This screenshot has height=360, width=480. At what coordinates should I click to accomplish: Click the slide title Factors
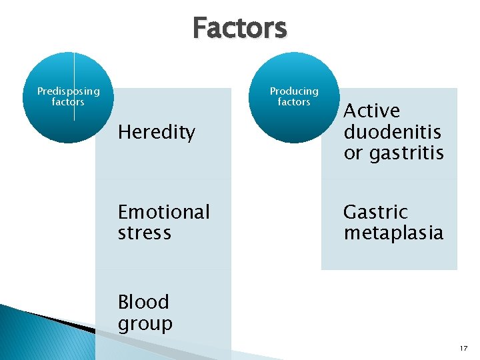coord(240,29)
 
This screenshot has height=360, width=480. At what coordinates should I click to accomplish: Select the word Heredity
coord(157,133)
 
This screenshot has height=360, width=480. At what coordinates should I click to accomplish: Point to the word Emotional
coord(164,212)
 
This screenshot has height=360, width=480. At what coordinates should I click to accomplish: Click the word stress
coord(145,233)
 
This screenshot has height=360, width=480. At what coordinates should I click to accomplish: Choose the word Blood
coord(143,302)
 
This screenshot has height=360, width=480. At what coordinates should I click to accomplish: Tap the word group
coord(145,324)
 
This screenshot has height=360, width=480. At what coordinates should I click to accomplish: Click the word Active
coord(371,111)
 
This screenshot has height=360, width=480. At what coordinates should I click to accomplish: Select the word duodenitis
coord(393,132)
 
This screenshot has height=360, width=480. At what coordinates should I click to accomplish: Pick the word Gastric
coord(375,212)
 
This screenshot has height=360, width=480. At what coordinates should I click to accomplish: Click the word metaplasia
coord(393,233)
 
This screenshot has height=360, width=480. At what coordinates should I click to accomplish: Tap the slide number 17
coord(464,348)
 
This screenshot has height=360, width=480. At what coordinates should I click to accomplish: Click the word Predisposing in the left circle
coord(69,91)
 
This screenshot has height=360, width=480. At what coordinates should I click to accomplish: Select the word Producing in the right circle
coord(294,91)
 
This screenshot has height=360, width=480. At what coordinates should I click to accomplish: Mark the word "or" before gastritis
coord(353,154)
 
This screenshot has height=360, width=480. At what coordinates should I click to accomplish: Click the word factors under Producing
coord(294,102)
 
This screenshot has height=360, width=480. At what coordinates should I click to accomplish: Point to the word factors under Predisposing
coord(69,102)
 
